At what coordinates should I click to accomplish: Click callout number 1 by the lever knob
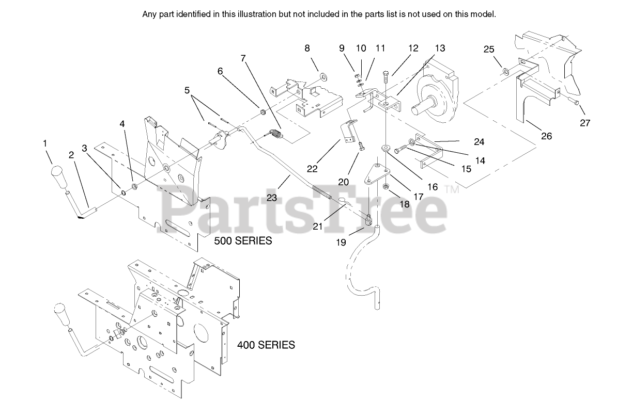pyautogui.click(x=45, y=142)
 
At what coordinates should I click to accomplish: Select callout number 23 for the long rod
pyautogui.click(x=272, y=197)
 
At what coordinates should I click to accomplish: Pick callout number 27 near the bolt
pyautogui.click(x=585, y=123)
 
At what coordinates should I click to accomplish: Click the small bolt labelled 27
pyautogui.click(x=575, y=103)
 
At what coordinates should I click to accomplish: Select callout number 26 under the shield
pyautogui.click(x=546, y=136)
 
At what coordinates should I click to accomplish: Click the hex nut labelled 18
pyautogui.click(x=385, y=186)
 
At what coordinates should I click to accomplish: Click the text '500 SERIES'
pyautogui.click(x=243, y=241)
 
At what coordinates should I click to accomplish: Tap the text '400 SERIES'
pyautogui.click(x=266, y=345)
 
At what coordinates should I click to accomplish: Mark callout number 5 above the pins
pyautogui.click(x=187, y=90)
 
